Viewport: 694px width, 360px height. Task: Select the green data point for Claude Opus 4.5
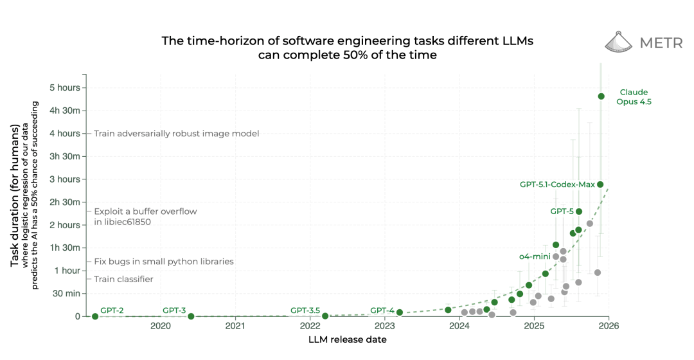[601, 96]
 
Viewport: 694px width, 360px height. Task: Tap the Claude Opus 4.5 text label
[634, 96]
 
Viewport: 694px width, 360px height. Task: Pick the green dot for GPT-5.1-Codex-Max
[600, 184]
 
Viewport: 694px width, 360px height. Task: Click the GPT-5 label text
[562, 211]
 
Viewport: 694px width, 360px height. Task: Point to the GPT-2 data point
[95, 316]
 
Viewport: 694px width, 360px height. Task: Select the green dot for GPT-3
[191, 316]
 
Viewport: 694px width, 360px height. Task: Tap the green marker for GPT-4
[400, 312]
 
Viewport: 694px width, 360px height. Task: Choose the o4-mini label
[535, 256]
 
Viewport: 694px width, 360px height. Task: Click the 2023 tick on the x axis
[384, 326]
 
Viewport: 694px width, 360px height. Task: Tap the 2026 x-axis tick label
[609, 326]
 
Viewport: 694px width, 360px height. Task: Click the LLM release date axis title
[347, 339]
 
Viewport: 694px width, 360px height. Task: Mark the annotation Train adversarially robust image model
[176, 134]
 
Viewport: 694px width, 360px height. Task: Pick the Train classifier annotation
[123, 279]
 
